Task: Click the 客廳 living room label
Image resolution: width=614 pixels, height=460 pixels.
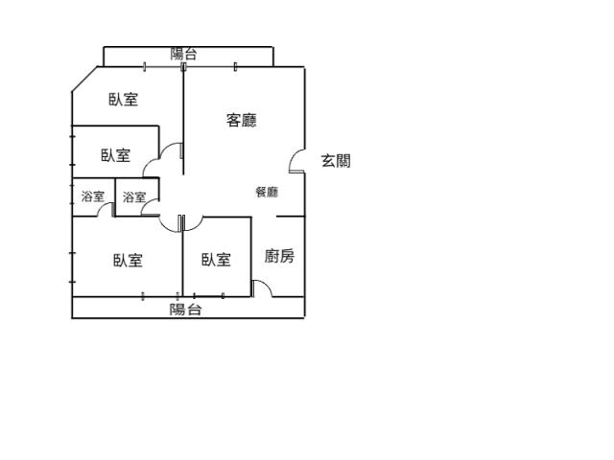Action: point(242,120)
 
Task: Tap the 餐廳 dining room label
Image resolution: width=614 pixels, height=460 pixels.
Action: point(267,192)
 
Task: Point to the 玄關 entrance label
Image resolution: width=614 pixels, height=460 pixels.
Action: point(336,161)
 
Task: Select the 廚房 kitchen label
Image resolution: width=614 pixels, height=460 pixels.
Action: point(279,256)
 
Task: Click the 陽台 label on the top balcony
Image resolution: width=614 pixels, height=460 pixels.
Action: point(183,54)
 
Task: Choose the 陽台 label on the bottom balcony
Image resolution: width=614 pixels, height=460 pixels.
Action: point(185,310)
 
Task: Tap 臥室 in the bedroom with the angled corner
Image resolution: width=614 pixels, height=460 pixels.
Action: point(124,100)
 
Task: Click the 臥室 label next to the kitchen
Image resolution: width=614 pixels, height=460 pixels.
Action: point(216,260)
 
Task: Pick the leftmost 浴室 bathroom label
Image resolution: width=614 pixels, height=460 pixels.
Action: point(93,196)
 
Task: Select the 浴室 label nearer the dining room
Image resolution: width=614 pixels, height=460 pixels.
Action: point(134,197)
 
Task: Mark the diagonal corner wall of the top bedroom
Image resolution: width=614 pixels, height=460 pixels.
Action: point(84,80)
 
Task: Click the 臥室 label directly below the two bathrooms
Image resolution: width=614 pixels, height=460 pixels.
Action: point(128,261)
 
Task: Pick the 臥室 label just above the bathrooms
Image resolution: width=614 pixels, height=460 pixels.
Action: point(115,155)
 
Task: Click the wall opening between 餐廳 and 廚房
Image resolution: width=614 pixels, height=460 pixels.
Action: point(264,217)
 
